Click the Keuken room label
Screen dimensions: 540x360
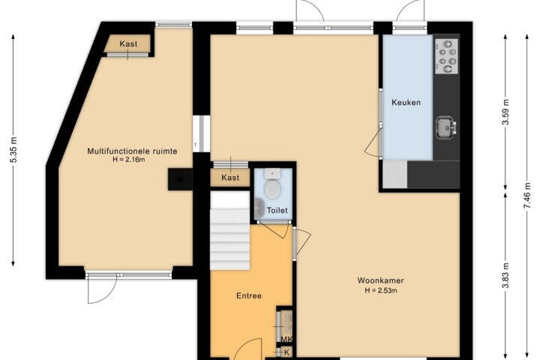point(406,102)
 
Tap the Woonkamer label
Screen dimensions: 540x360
point(380,280)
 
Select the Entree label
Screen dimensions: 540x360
point(249,295)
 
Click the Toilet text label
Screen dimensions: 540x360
point(277,210)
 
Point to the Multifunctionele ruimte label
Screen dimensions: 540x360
point(132,151)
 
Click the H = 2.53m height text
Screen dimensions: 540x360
point(381,290)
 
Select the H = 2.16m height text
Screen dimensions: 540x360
point(129,160)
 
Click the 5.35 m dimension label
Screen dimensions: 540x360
point(13,149)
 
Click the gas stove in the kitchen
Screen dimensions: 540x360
point(447,56)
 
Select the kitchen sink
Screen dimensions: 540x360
point(446,127)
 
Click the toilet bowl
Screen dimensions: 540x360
point(272,185)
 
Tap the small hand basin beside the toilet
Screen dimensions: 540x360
point(259,208)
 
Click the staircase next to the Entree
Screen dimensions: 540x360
point(229,230)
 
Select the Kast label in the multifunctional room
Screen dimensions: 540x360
point(128,43)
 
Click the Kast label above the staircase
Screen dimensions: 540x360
point(230,178)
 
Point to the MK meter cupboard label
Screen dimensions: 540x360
point(286,340)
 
